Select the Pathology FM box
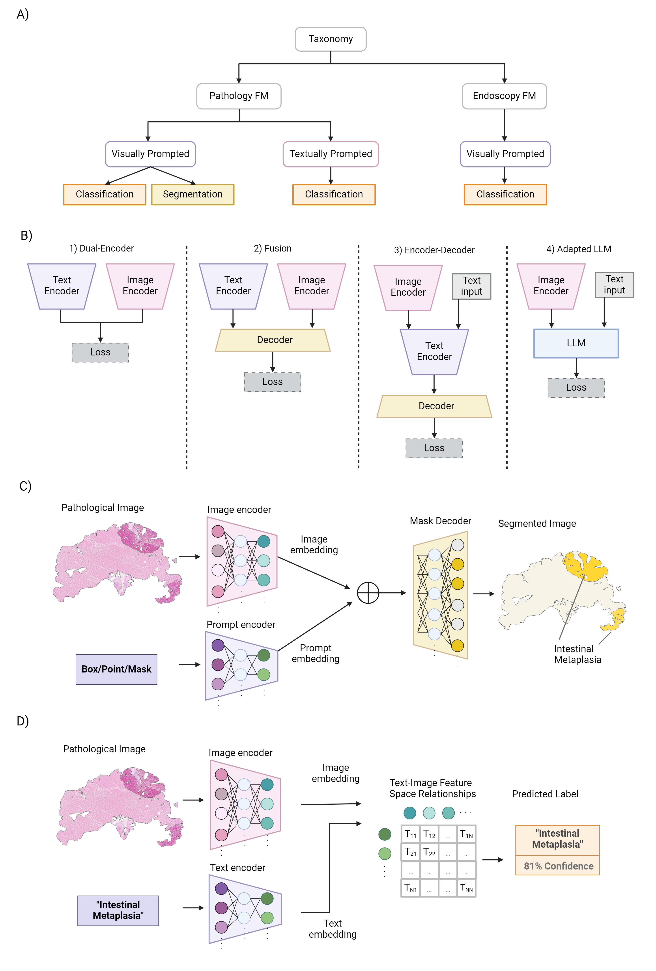[239, 96]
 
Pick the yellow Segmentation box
[193, 195]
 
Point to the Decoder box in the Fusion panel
[273, 340]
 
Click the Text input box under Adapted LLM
[614, 285]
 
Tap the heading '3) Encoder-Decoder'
[434, 250]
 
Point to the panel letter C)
[26, 486]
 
